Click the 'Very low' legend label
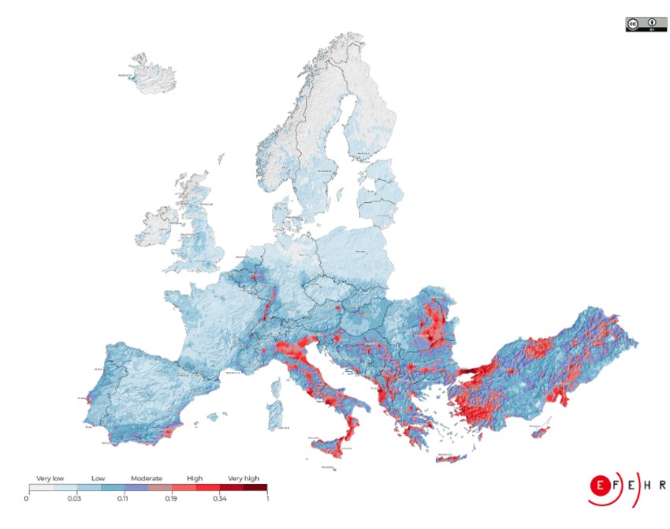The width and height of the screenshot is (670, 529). click(50, 478)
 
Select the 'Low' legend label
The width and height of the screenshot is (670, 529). click(98, 478)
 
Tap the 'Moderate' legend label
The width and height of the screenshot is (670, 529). click(147, 478)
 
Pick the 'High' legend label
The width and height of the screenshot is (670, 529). click(195, 478)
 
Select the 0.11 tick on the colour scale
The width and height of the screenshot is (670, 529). click(124, 499)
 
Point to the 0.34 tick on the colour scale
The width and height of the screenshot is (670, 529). click(219, 499)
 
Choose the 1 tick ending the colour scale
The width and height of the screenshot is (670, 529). click(266, 499)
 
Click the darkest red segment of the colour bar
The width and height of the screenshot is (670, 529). click(255, 489)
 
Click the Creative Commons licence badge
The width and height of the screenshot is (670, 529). click(646, 24)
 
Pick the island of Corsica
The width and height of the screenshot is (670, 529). click(277, 387)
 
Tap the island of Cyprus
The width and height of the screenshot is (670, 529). click(541, 430)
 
